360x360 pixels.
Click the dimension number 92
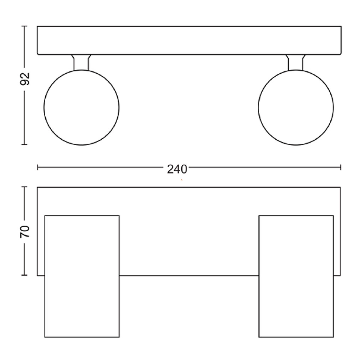coord(25,79)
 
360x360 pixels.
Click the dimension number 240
coord(177,169)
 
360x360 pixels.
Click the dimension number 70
coord(25,231)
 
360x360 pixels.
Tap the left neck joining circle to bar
coord(81,62)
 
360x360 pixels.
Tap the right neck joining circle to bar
coord(295,62)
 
